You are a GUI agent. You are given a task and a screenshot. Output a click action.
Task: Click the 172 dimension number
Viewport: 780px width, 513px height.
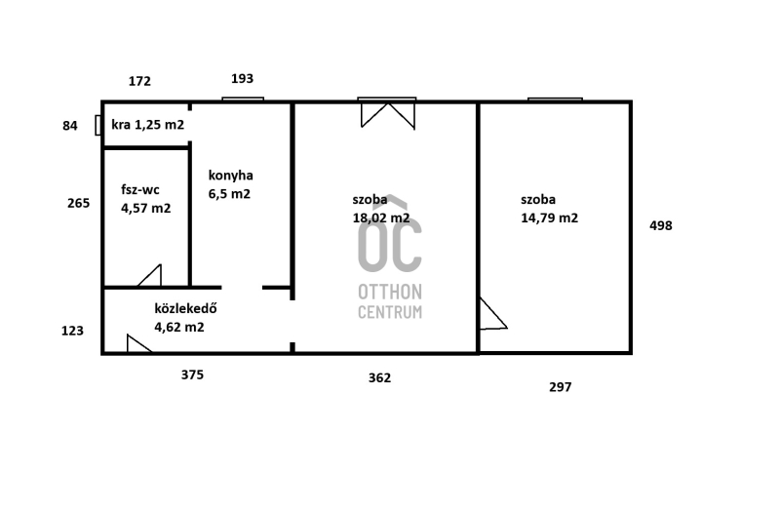139,81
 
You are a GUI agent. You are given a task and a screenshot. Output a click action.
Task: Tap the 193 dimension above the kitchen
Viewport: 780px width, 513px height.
242,79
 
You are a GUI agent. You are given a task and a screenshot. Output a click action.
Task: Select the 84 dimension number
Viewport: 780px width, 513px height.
70,126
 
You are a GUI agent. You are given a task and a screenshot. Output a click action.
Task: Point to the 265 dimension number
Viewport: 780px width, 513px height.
79,203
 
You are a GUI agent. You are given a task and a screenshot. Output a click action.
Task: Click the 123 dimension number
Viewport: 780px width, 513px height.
72,331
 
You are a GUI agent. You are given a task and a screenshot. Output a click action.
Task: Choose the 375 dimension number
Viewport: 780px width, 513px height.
192,375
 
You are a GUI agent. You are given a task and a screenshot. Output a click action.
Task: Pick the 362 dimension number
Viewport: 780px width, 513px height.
379,378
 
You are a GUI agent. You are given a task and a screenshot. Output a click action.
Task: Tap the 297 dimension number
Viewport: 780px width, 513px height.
560,387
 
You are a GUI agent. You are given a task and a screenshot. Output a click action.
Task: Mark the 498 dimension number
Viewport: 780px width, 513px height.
661,226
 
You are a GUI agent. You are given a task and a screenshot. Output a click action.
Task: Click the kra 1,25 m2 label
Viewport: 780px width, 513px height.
148,125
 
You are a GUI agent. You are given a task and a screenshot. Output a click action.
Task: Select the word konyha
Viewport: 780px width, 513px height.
231,176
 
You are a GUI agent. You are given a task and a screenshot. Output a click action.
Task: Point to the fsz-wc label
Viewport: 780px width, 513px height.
140,189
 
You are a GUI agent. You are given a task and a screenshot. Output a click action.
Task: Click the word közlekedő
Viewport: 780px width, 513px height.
185,308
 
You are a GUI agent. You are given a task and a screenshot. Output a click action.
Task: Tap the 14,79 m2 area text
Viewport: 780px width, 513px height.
550,217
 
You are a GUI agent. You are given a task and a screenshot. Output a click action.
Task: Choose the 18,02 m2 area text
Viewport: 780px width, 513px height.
381,217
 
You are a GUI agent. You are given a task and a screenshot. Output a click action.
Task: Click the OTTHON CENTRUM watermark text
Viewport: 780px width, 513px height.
390,301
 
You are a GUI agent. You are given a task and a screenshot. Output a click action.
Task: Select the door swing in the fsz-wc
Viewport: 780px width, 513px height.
150,276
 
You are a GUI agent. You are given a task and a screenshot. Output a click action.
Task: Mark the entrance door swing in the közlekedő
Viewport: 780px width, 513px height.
138,344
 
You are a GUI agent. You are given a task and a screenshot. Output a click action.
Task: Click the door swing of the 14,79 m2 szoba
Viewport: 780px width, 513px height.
492,314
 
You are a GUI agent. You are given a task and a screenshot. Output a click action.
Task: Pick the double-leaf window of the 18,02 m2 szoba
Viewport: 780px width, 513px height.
387,114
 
